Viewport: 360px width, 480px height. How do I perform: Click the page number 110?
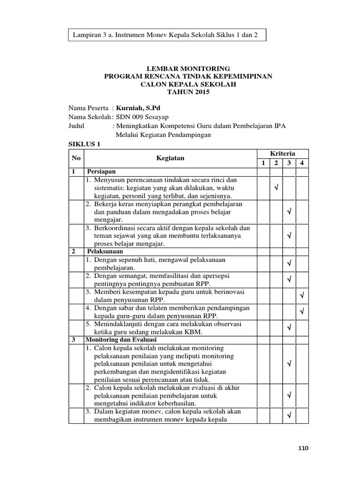click(x=304, y=448)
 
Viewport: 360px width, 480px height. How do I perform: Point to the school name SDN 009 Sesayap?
click(x=142, y=116)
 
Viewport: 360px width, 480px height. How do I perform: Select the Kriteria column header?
click(x=283, y=154)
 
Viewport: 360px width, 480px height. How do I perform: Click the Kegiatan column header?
click(x=170, y=158)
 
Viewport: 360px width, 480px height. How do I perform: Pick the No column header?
click(x=76, y=158)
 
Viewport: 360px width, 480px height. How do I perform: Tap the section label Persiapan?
click(x=101, y=172)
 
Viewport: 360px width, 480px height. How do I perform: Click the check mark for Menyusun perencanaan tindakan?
click(x=276, y=188)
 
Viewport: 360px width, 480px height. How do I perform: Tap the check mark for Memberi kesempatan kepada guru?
click(x=302, y=296)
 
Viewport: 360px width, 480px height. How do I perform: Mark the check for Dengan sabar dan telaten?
click(x=302, y=311)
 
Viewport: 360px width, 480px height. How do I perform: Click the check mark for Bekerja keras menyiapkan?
click(x=289, y=212)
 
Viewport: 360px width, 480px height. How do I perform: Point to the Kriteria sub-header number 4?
click(x=302, y=163)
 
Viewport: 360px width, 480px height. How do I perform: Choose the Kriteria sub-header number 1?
click(x=263, y=163)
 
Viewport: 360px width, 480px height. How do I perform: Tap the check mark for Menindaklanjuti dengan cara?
click(x=289, y=327)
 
